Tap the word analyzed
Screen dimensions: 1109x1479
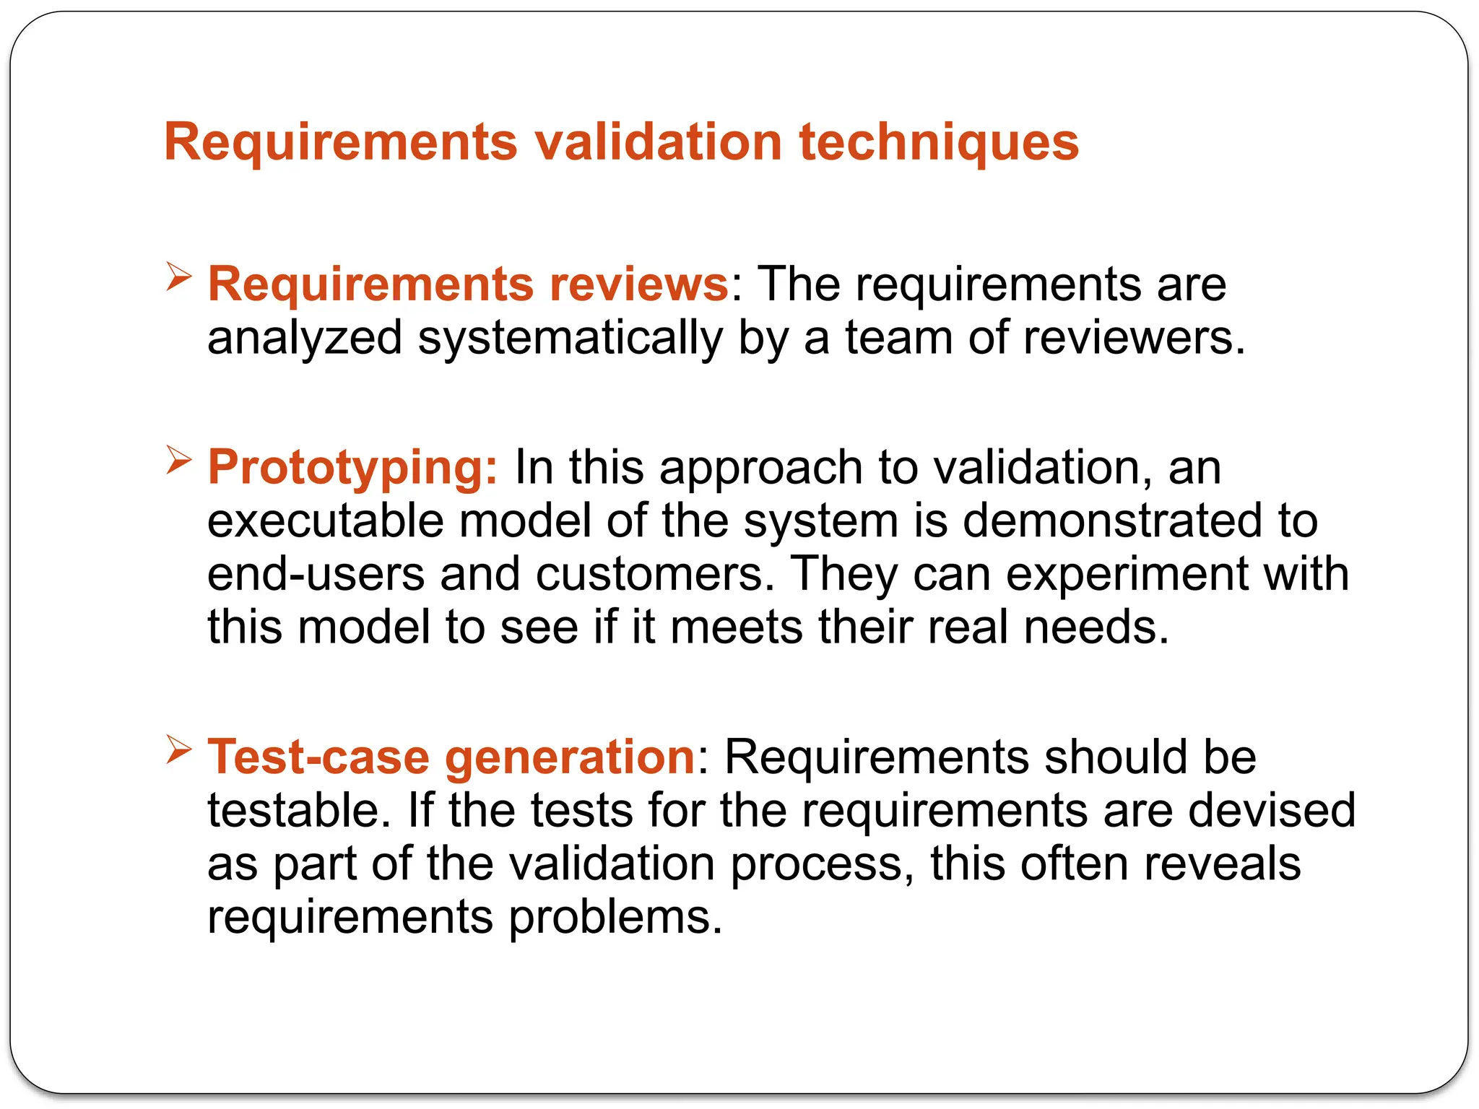(304, 338)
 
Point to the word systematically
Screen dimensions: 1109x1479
(570, 338)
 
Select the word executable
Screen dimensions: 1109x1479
(325, 521)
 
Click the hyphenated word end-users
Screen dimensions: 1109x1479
(316, 574)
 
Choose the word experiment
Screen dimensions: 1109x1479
(1127, 574)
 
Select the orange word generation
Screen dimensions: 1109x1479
(570, 757)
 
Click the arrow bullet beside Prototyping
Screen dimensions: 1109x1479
(178, 459)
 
